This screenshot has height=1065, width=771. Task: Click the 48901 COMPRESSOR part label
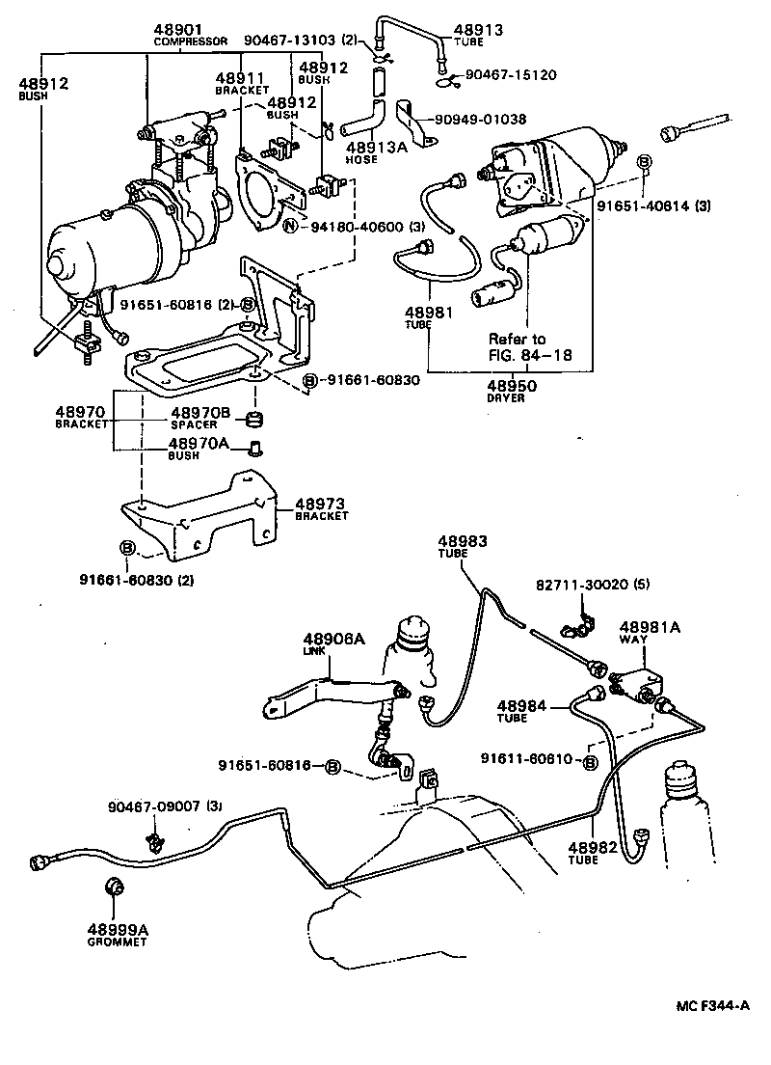coord(190,35)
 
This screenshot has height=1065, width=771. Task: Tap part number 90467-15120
coord(511,74)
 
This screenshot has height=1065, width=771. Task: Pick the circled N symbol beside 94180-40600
coord(290,226)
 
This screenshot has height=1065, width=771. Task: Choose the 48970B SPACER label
coord(200,418)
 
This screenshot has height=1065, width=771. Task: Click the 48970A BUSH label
coord(200,449)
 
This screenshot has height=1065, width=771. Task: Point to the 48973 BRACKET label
coord(321,508)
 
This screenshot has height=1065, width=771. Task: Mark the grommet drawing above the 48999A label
coord(115,887)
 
